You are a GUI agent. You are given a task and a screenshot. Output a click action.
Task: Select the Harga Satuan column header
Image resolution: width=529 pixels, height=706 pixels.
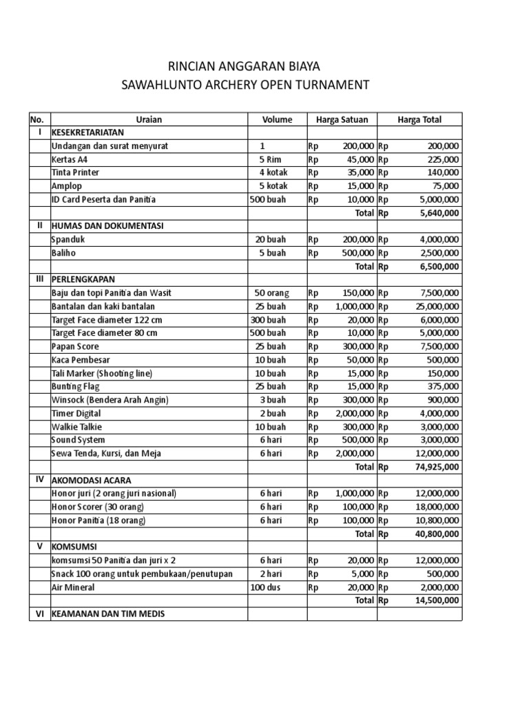tap(342, 119)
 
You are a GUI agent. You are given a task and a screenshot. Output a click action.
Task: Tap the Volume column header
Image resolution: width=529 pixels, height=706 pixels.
tap(277, 119)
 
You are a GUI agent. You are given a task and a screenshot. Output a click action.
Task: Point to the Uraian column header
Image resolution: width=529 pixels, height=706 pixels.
tap(149, 119)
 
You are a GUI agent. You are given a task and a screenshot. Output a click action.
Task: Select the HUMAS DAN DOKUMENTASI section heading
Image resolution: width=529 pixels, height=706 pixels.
tap(107, 226)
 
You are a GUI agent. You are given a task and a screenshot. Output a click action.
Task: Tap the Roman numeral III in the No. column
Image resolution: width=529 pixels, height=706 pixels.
tap(39, 279)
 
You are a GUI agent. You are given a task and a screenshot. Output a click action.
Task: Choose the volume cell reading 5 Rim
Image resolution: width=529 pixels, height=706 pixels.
tap(272, 159)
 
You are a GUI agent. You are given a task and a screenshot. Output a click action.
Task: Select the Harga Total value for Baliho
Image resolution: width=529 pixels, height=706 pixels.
tap(439, 253)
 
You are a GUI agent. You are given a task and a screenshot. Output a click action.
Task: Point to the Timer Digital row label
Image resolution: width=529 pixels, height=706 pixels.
tap(76, 413)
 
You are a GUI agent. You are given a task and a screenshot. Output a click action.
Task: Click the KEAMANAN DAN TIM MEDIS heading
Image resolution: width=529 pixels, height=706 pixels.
tap(108, 614)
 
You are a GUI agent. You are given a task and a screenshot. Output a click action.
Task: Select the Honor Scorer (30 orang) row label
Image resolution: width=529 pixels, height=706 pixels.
tap(98, 507)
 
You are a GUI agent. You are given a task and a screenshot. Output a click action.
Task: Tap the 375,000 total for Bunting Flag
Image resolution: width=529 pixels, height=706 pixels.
tap(444, 387)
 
